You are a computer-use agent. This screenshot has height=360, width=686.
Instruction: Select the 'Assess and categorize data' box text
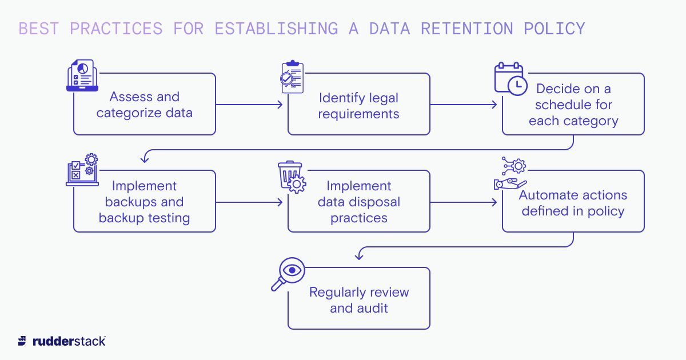point(145,105)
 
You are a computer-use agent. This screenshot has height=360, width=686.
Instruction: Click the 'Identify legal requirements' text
point(358,106)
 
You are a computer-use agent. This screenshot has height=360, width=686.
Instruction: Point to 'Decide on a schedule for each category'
point(573,105)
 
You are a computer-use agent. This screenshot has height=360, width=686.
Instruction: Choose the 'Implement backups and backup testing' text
point(145,202)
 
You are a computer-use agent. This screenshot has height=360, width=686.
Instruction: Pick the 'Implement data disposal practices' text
point(358,202)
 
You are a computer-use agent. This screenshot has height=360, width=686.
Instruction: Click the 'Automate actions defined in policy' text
point(573,203)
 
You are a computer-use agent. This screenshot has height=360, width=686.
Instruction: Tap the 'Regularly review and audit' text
point(358,300)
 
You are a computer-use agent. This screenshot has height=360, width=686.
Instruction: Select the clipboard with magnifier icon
point(291,77)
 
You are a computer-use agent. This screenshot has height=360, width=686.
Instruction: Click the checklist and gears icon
point(82,170)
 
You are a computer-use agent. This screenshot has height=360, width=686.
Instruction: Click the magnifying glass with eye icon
point(288,274)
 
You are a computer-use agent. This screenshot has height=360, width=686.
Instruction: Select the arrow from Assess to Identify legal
point(249,105)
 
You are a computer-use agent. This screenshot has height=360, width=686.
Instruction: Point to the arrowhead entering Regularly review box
point(358,257)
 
